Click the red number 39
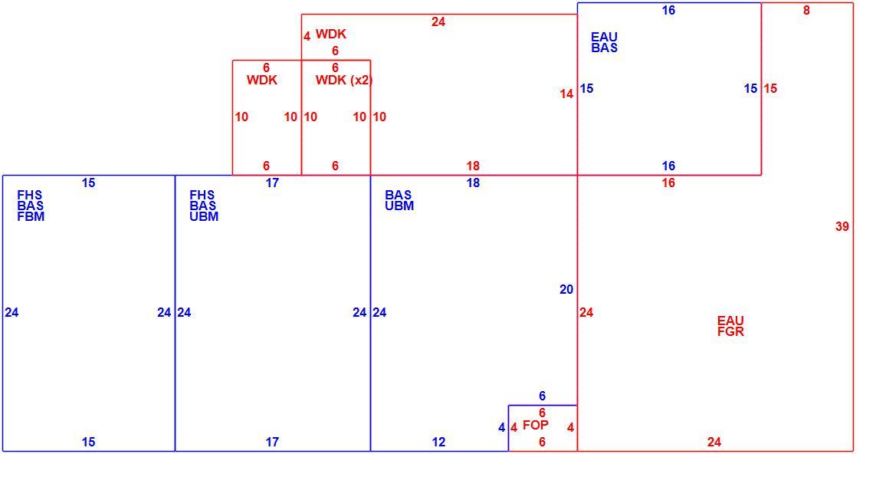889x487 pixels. pyautogui.click(x=842, y=226)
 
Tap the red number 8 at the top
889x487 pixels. pyautogui.click(x=806, y=10)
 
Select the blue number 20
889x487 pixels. pyautogui.click(x=566, y=289)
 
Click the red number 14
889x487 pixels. pyautogui.click(x=566, y=94)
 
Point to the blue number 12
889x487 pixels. pyautogui.click(x=438, y=442)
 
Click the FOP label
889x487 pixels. pyautogui.click(x=535, y=425)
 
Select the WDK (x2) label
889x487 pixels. pyautogui.click(x=343, y=80)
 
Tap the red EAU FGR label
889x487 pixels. pyautogui.click(x=730, y=327)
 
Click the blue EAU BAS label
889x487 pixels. pyautogui.click(x=605, y=43)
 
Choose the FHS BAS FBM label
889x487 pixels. pyautogui.click(x=31, y=206)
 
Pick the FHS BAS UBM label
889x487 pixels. pyautogui.click(x=204, y=206)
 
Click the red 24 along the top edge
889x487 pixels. pyautogui.click(x=438, y=21)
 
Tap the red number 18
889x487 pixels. pyautogui.click(x=473, y=166)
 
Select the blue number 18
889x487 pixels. pyautogui.click(x=473, y=183)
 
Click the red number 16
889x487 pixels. pyautogui.click(x=668, y=183)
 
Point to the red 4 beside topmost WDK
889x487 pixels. pyautogui.click(x=307, y=36)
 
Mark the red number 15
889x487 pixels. pyautogui.click(x=770, y=88)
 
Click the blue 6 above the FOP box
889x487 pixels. pyautogui.click(x=542, y=396)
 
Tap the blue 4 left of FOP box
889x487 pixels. pyautogui.click(x=501, y=427)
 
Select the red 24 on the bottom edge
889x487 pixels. pyautogui.click(x=713, y=442)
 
